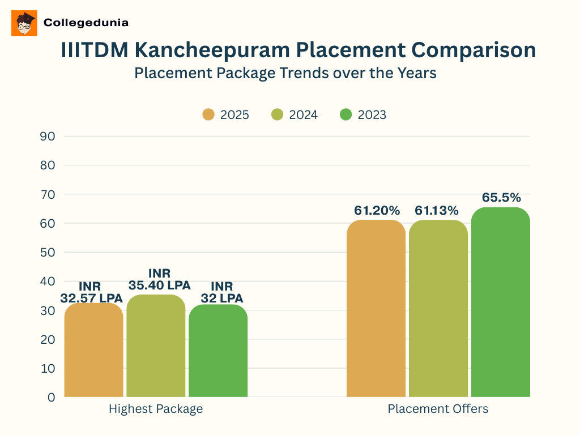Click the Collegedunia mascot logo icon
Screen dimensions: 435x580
(x=24, y=23)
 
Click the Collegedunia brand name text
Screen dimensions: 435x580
(x=86, y=23)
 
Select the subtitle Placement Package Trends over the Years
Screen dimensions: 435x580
(x=285, y=73)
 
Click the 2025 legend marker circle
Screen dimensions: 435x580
(x=208, y=114)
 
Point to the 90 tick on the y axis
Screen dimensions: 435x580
(x=48, y=137)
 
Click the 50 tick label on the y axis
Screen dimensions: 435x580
(x=48, y=253)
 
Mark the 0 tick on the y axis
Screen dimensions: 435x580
(x=52, y=398)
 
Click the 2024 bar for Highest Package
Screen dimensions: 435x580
(x=156, y=346)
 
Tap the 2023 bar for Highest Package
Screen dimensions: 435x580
(x=218, y=351)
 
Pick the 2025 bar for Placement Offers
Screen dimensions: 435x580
(x=376, y=309)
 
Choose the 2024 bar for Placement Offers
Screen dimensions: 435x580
(x=438, y=309)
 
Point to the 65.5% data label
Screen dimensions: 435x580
(x=501, y=198)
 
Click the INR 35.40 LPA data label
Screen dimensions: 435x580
(x=159, y=280)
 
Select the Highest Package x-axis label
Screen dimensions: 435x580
(x=156, y=409)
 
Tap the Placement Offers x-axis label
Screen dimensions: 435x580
(x=438, y=409)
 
